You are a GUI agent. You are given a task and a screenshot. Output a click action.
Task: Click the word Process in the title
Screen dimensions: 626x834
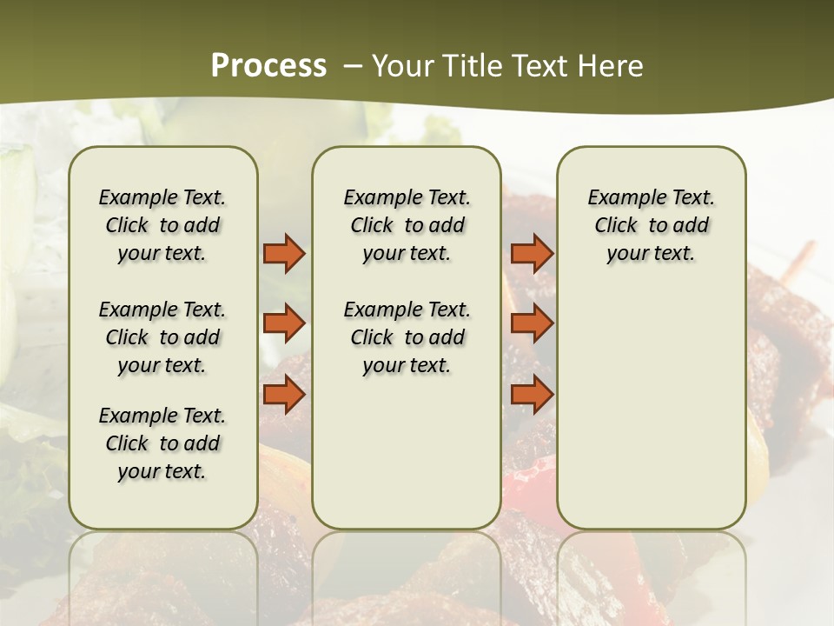pos(268,66)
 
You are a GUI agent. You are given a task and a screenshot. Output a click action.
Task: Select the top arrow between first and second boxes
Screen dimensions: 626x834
pos(284,254)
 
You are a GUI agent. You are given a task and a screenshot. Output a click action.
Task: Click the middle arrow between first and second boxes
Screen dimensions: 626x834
pos(284,323)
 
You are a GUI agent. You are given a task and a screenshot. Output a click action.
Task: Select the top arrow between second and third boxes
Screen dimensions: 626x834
pos(532,254)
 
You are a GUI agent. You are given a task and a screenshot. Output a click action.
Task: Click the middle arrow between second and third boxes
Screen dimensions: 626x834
pos(532,323)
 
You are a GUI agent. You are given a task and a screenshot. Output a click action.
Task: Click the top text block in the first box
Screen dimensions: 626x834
pos(162,225)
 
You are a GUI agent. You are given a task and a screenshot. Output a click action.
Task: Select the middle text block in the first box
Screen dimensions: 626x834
pos(162,337)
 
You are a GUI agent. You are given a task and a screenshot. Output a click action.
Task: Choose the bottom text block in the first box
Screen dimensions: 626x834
pos(162,443)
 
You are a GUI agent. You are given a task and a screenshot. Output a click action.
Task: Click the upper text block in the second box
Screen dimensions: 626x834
pos(407,225)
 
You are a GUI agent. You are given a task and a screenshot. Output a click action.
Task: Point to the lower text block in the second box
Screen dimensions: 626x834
pos(407,337)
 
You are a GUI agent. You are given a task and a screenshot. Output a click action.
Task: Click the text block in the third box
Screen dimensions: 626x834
pos(651,225)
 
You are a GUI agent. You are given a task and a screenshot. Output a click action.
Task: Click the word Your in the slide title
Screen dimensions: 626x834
pos(400,66)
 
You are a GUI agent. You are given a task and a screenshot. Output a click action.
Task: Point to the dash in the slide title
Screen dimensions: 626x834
pos(353,66)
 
